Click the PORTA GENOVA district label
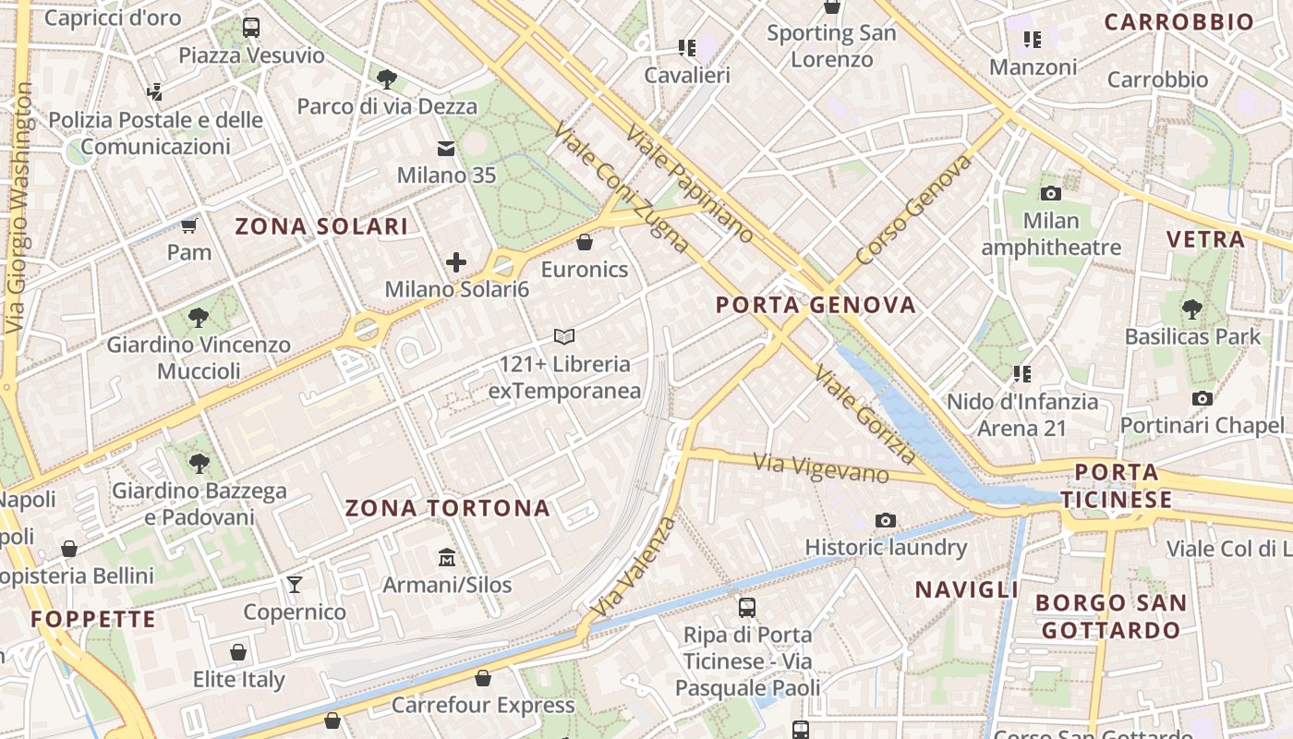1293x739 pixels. coord(816,305)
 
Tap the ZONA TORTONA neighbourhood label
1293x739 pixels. coord(448,508)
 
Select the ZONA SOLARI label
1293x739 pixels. coord(321,227)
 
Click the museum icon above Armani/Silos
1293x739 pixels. coord(447,557)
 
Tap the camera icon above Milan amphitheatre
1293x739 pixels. coord(1050,193)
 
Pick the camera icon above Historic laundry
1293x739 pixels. coord(886,520)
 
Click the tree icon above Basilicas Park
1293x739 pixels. coord(1191,309)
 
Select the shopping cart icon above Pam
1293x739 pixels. coord(189,225)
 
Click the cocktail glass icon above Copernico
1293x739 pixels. coord(295,584)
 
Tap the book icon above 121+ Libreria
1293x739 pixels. coord(564,336)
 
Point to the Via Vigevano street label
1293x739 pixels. coord(820,467)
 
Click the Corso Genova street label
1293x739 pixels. coord(914,210)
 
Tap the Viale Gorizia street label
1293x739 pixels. coord(865,415)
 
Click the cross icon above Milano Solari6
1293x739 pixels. coord(456,262)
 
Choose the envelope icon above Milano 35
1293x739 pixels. coord(446,149)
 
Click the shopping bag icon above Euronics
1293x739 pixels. coord(584,243)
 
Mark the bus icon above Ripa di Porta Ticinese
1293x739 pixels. coord(747,608)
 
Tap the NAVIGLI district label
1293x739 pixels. coord(967,589)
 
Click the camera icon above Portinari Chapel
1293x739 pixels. coord(1202,398)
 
